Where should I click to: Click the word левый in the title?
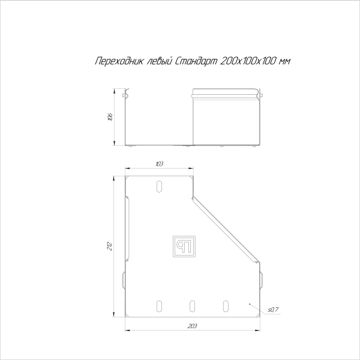coord(153,61)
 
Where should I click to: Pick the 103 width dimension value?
coord(159,164)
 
